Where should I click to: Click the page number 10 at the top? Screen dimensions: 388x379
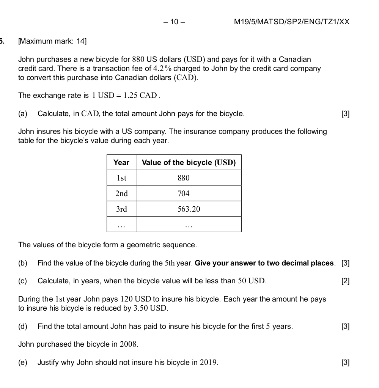[175, 22]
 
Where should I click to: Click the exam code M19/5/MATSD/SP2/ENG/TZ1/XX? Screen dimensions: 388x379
[291, 22]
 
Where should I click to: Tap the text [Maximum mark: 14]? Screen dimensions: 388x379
[52, 41]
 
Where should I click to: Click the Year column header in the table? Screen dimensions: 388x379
[121, 163]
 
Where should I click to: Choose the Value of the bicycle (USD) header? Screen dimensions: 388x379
[189, 163]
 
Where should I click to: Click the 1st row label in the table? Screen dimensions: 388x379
[121, 178]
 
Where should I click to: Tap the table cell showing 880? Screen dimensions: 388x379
[184, 178]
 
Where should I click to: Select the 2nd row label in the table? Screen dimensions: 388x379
[121, 193]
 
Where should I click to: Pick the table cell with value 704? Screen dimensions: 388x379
[184, 193]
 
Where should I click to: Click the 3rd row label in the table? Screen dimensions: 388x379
[121, 209]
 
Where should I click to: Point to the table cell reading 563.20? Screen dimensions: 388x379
[189, 209]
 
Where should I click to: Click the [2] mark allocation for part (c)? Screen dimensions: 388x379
[345, 281]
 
